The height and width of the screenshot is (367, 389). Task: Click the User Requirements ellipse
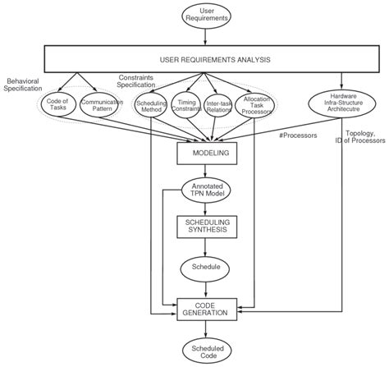pyautogui.click(x=205, y=17)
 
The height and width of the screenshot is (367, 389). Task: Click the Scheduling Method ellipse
pyautogui.click(x=151, y=108)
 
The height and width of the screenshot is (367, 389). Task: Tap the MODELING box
pyautogui.click(x=205, y=153)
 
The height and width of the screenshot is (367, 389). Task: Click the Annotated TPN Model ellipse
pyautogui.click(x=205, y=190)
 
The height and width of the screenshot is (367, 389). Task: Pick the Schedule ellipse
pyautogui.click(x=205, y=268)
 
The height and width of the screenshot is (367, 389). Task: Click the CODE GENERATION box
pyautogui.click(x=205, y=307)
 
